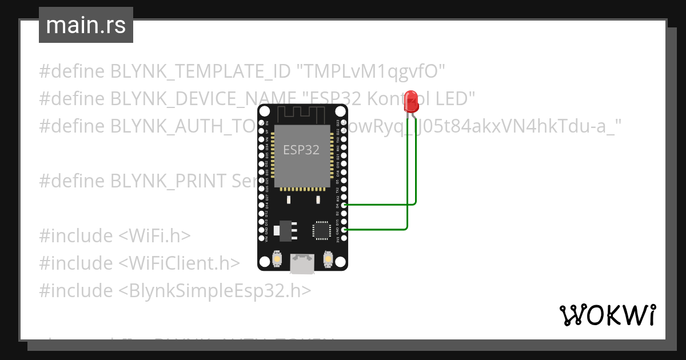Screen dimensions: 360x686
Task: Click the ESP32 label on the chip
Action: click(301, 150)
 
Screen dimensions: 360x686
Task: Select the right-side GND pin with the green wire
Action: click(344, 230)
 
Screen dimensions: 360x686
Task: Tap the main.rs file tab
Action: click(86, 25)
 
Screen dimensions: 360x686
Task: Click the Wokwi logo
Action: click(607, 315)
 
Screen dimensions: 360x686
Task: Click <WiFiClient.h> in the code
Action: click(179, 263)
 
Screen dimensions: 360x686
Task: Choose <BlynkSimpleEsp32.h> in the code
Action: click(215, 291)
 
